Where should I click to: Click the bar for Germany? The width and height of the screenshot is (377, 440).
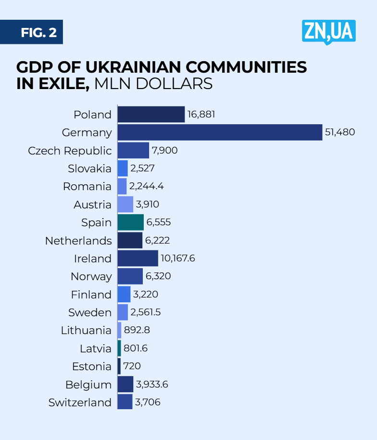[x=220, y=132]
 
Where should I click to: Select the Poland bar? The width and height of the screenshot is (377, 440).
[x=151, y=115]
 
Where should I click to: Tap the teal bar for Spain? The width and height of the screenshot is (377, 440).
[x=130, y=222]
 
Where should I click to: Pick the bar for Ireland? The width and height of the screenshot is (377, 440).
[x=138, y=259]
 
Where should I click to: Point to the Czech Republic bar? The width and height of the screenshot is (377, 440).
[x=133, y=151]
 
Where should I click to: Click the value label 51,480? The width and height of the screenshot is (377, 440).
[x=340, y=132]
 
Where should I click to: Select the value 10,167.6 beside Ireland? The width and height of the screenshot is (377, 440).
[x=178, y=259]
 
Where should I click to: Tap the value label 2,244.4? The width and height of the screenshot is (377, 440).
[x=146, y=186]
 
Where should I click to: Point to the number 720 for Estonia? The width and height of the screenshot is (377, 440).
[x=132, y=366]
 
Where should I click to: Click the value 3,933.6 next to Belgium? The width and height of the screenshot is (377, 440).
[x=152, y=385]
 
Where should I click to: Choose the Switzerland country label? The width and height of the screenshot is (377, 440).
[x=80, y=402]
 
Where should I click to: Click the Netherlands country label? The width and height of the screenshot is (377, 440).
[x=78, y=241]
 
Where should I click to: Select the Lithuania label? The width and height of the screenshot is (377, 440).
[x=86, y=331]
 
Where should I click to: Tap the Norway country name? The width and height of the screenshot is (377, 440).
[x=91, y=277]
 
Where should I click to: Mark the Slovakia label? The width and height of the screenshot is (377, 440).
[x=89, y=168]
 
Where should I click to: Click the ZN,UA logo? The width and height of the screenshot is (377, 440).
[x=329, y=32]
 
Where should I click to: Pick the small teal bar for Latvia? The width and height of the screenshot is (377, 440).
[x=119, y=349]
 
